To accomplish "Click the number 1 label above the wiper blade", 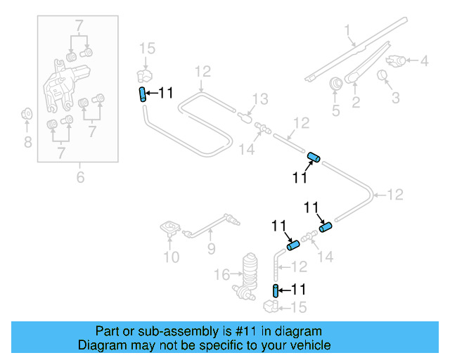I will pos(347,30).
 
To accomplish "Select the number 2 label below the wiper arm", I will pos(356,103).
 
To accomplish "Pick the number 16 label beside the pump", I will pos(221,273).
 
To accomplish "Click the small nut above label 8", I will pos(27,113).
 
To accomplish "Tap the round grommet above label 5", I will pos(335,83).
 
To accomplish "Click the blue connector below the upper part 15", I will pos(142,95).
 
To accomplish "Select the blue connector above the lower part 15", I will pos(276,291).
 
